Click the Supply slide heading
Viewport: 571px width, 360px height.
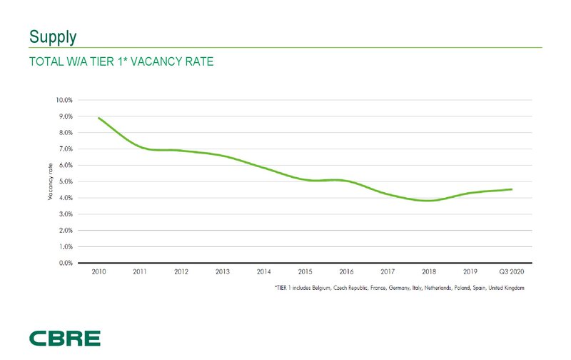click(52, 36)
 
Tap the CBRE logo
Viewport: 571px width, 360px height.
click(65, 339)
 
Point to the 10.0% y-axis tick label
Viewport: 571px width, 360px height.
click(64, 100)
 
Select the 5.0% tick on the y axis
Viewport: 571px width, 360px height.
click(65, 181)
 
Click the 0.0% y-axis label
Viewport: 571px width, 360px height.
click(65, 263)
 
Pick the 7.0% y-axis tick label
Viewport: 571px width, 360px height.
click(65, 149)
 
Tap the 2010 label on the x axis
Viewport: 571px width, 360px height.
click(98, 272)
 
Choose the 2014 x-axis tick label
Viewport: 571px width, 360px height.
click(263, 272)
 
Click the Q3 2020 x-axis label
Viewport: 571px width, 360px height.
click(510, 272)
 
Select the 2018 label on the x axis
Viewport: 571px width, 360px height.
click(429, 272)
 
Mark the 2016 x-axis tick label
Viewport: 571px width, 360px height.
click(346, 272)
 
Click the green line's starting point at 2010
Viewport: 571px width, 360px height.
click(98, 118)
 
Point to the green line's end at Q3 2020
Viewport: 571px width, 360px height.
click(511, 189)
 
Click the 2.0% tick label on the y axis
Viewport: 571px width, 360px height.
click(65, 230)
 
